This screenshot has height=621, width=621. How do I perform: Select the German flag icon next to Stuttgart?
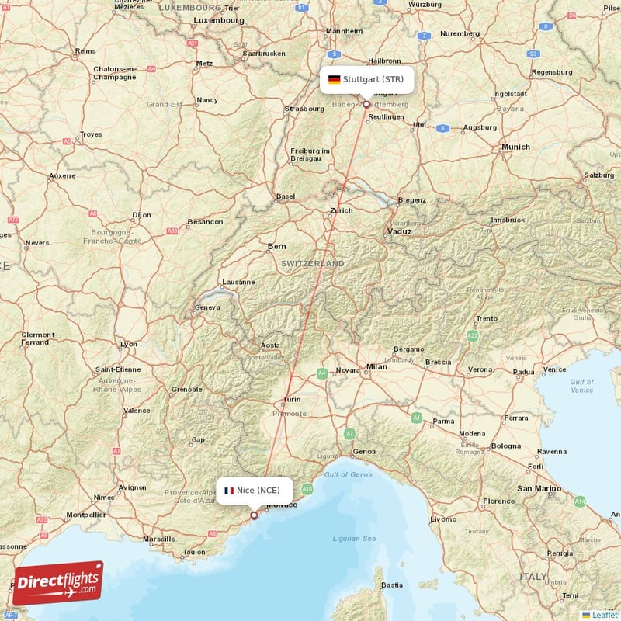tap(334, 79)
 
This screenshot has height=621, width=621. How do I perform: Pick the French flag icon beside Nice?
tap(229, 491)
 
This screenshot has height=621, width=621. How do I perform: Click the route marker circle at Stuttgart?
tap(366, 103)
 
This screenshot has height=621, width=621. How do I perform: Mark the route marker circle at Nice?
tap(254, 515)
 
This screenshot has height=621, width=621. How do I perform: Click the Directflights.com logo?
tap(58, 583)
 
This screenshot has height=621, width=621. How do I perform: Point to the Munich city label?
tap(515, 147)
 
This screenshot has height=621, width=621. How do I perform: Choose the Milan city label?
tap(376, 366)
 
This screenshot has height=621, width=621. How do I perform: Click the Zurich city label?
tap(341, 210)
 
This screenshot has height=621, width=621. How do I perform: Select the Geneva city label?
tap(207, 307)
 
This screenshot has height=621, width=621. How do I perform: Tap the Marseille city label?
tap(159, 538)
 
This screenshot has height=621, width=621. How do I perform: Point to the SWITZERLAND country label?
tap(313, 264)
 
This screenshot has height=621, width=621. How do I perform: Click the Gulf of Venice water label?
tap(581, 386)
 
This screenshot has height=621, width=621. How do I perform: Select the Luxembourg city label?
tap(218, 20)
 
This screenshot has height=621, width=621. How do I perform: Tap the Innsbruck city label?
tap(508, 220)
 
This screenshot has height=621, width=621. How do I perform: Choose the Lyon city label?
tap(129, 344)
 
